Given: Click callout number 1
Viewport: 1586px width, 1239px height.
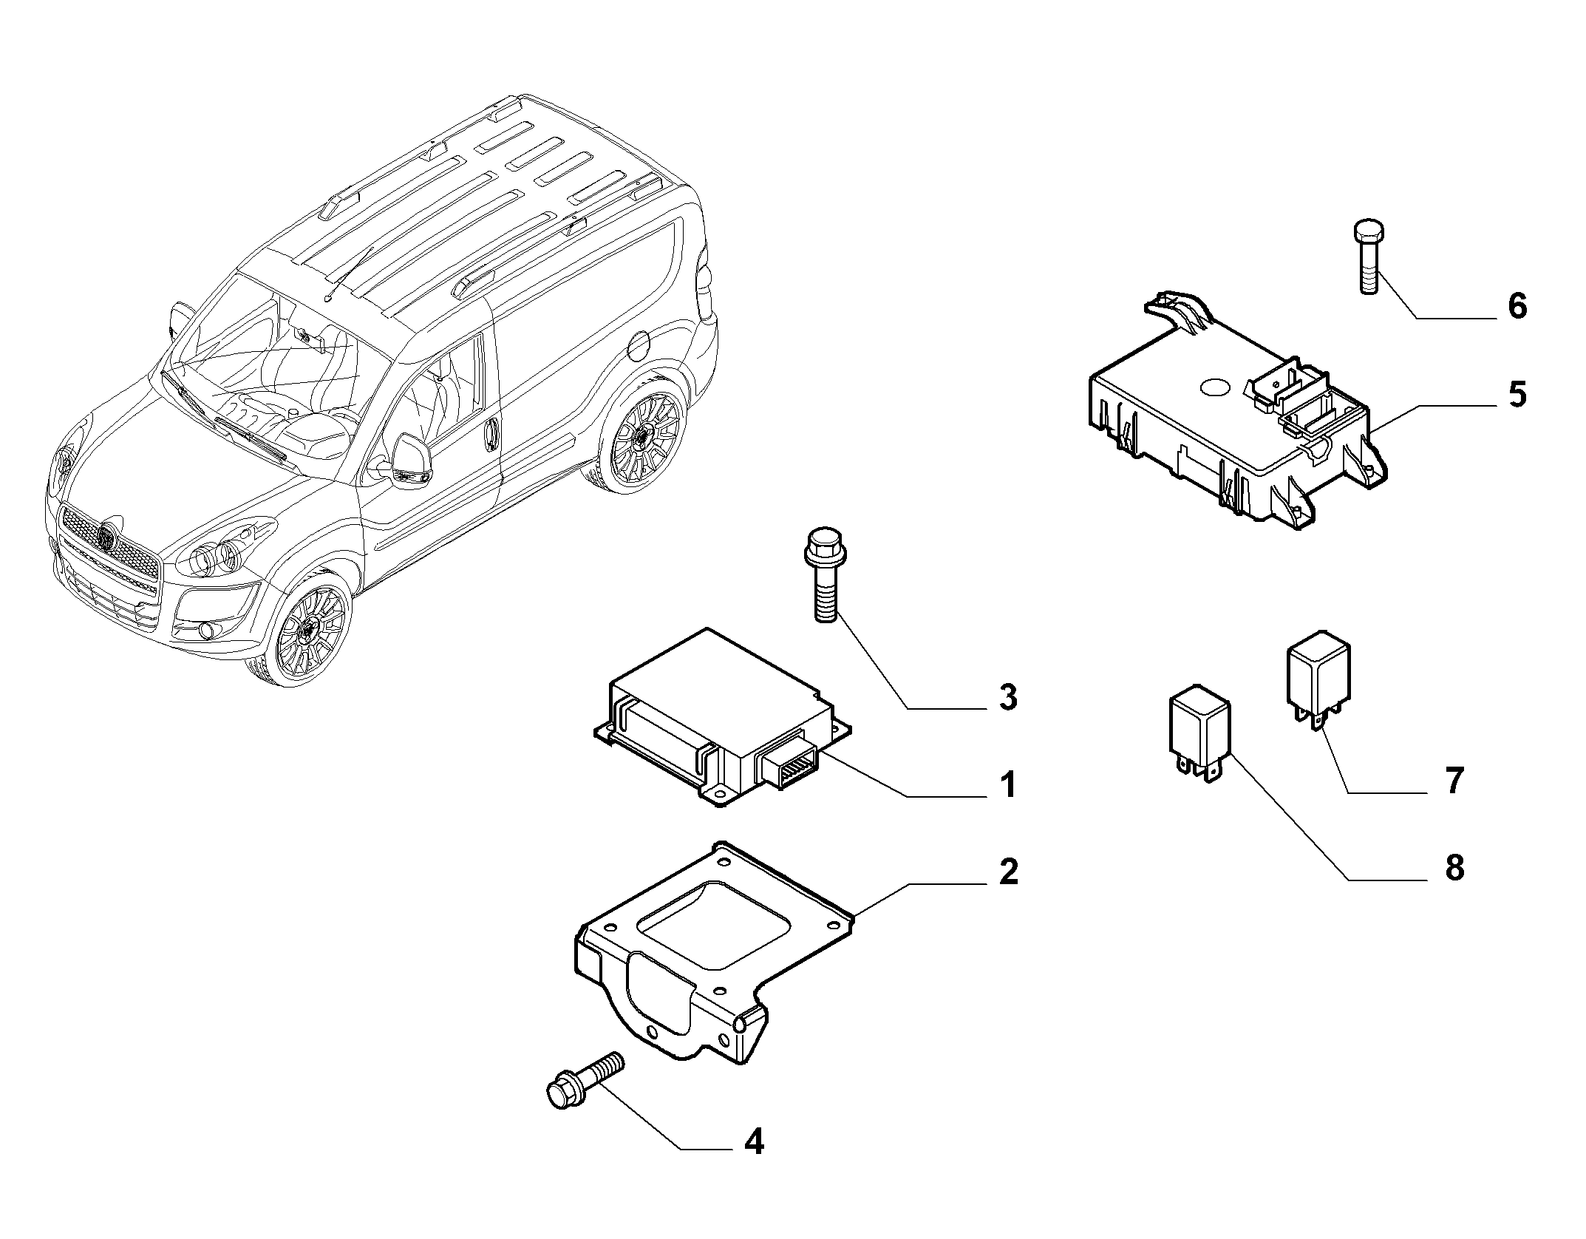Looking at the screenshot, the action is [x=1008, y=784].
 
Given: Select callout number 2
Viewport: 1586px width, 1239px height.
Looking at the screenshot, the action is [x=1007, y=872].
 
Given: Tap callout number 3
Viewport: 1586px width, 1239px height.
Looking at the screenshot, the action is [x=1007, y=697].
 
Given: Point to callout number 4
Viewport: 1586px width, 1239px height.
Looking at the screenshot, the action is [x=753, y=1162].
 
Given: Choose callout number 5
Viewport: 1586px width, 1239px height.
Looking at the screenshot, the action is [x=1517, y=394].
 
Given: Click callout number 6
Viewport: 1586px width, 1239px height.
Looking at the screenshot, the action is [x=1517, y=305].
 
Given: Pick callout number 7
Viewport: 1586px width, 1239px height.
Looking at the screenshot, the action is [x=1454, y=781].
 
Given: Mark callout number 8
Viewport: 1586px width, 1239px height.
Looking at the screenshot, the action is [x=1454, y=868].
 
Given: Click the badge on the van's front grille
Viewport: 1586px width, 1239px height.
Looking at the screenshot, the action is [x=108, y=538].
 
